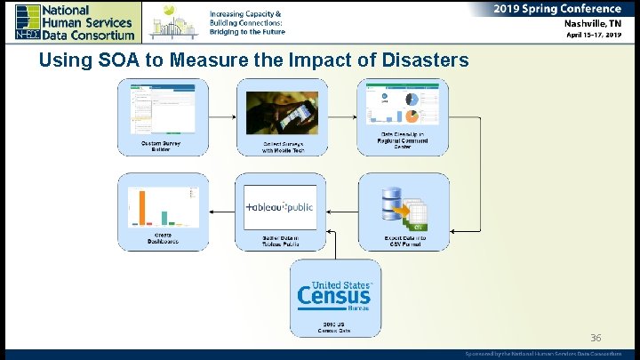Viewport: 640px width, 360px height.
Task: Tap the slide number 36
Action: [x=596, y=338]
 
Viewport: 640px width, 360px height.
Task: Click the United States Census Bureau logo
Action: [x=334, y=293]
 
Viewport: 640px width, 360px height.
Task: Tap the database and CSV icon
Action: [x=404, y=210]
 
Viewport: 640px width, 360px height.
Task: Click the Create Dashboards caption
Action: [x=163, y=239]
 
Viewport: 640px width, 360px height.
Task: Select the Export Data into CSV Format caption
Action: [x=404, y=240]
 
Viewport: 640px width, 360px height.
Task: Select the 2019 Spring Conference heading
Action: [x=558, y=8]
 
